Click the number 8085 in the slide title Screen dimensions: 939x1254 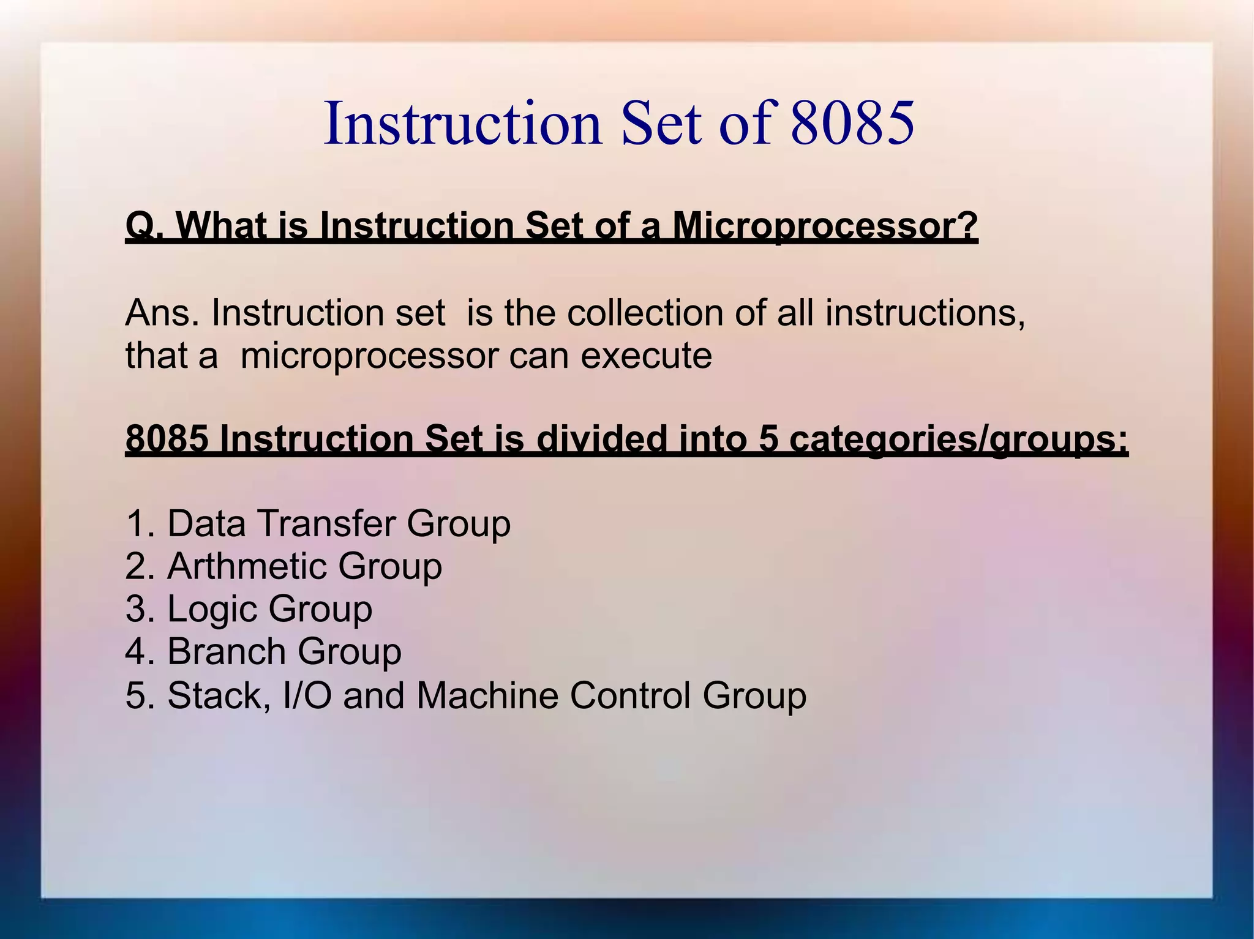tap(852, 124)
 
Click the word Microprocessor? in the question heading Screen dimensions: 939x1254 tap(825, 226)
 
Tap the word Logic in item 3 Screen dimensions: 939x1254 tap(212, 610)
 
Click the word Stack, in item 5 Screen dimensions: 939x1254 tap(219, 696)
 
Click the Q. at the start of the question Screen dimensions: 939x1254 tap(145, 226)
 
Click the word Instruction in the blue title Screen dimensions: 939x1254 tap(463, 124)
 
